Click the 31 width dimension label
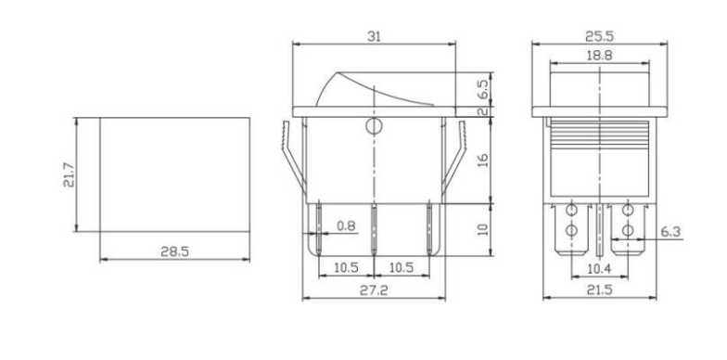click(375, 37)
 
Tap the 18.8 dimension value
click(600, 56)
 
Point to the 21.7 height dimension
click(69, 174)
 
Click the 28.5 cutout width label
click(174, 251)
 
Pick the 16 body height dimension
click(482, 161)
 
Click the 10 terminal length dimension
click(482, 230)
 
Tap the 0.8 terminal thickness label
click(346, 226)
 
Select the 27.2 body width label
click(374, 290)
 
